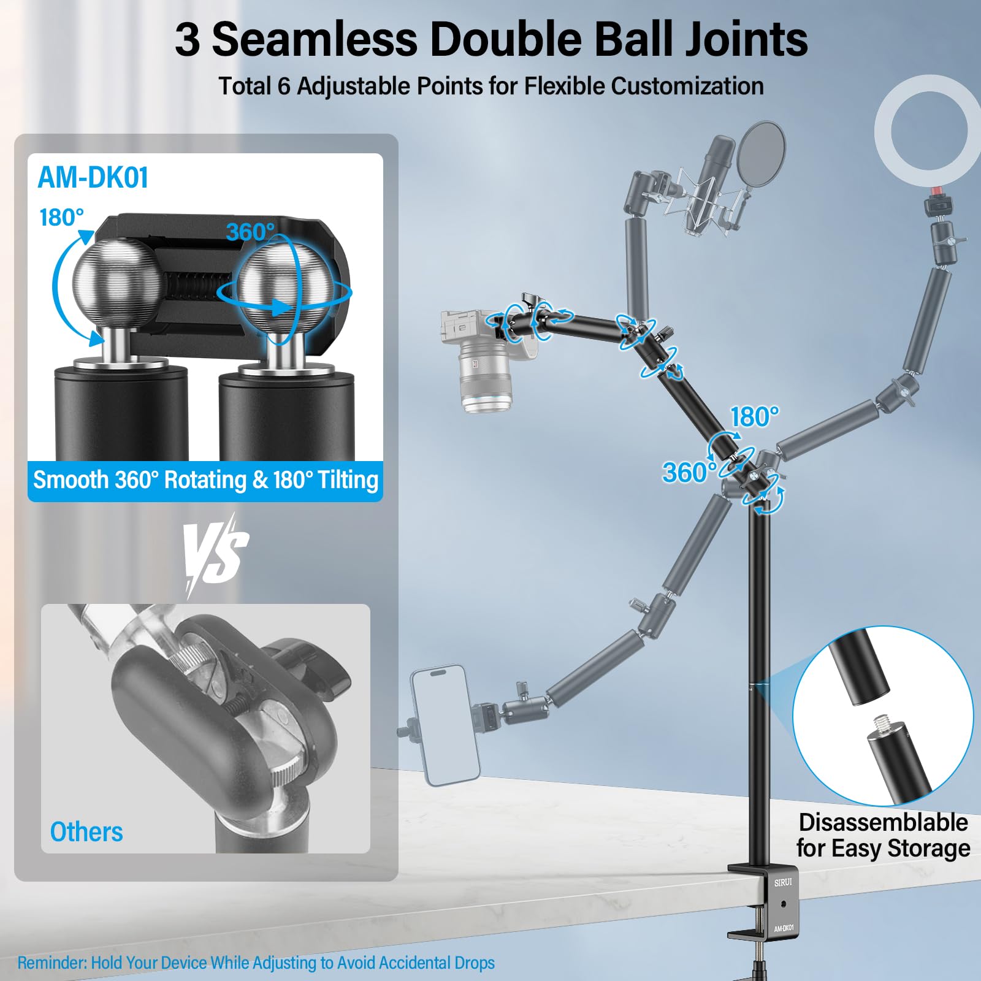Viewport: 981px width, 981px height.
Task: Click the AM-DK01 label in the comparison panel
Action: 93,178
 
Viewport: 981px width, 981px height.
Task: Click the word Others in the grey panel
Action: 86,832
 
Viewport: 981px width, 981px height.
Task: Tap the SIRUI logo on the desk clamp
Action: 783,883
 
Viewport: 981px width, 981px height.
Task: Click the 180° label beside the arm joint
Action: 754,417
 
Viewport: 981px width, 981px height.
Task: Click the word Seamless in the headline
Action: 315,39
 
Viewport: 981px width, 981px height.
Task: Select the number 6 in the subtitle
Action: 283,86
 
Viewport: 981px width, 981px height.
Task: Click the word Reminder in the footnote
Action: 52,963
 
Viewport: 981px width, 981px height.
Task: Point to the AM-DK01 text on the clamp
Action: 784,928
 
